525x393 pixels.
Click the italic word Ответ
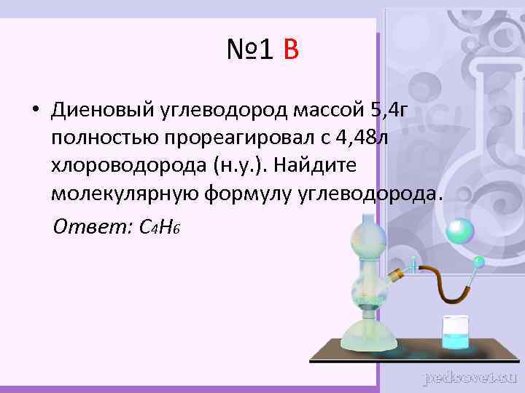90,226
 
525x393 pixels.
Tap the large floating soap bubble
459,231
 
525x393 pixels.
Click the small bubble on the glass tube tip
479,260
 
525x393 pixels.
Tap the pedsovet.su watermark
470,377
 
